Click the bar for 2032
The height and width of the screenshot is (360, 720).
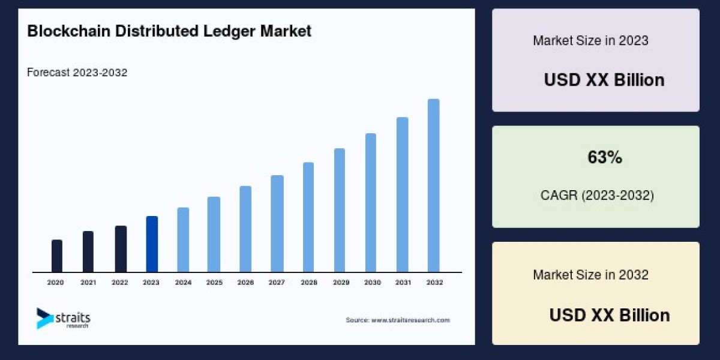point(433,185)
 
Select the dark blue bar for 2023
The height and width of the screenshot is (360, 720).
point(152,244)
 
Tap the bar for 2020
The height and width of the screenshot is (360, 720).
point(57,256)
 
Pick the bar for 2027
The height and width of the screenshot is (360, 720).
point(277,223)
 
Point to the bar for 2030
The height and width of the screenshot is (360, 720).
point(371,202)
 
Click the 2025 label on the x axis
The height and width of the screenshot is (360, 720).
point(214,282)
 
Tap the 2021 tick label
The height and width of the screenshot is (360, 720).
point(88,282)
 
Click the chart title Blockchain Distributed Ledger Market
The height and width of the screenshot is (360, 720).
point(169,31)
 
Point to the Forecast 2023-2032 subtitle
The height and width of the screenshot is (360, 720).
point(77,73)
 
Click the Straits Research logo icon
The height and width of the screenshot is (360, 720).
point(44,318)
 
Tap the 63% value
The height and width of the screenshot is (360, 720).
point(604,158)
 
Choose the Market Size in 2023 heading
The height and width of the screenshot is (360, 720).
point(590,41)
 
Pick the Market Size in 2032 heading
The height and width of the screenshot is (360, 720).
point(590,275)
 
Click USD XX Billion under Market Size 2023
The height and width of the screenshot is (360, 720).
point(604,80)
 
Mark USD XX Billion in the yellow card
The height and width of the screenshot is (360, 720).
point(610,315)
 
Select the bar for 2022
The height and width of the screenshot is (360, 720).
point(121,248)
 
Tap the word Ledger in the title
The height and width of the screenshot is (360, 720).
point(233,31)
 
